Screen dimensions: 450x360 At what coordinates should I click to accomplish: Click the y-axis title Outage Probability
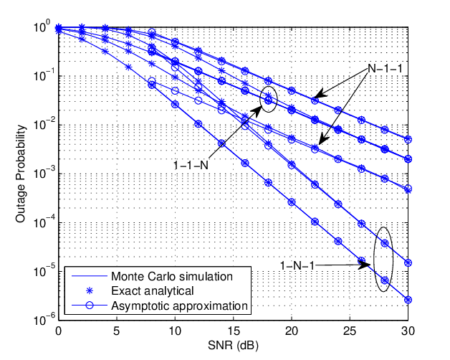pos(21,174)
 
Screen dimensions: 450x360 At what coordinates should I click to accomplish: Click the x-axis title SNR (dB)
pos(233,346)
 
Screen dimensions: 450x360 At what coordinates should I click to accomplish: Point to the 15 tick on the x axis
pos(233,331)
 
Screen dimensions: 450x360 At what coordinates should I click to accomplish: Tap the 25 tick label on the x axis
pos(350,331)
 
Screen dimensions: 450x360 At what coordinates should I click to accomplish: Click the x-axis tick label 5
pos(116,331)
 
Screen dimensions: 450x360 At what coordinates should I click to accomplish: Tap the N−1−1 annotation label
pos(385,69)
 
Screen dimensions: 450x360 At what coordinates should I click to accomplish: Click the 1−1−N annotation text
pos(191,165)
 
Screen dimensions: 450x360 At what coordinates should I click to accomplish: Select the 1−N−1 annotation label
pos(297,265)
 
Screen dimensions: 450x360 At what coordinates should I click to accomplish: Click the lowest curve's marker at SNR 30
pos(408,300)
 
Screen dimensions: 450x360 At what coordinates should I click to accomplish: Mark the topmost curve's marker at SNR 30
pos(408,140)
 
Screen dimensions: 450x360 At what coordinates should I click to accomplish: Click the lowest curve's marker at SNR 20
pos(292,202)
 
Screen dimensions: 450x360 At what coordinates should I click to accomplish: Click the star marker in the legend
pos(90,291)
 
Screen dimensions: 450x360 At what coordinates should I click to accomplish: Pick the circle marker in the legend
pos(90,305)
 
